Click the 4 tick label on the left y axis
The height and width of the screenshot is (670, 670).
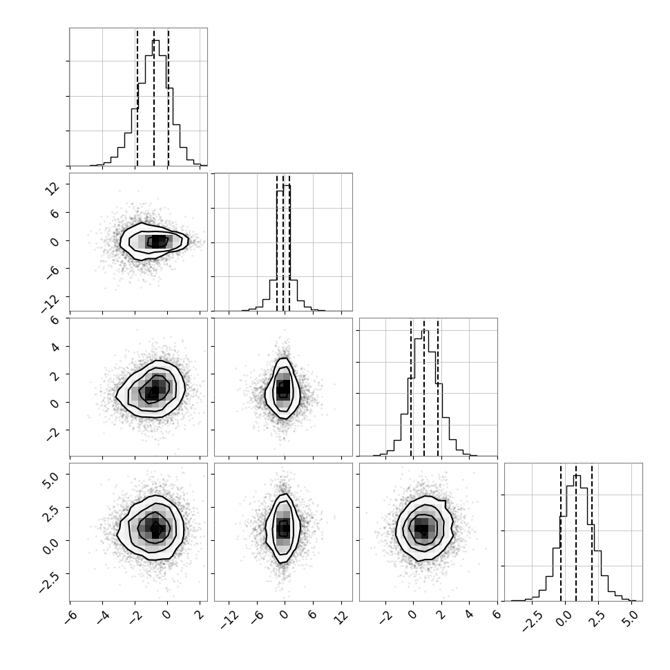click(x=55, y=346)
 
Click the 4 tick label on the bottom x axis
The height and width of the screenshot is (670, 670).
click(x=469, y=615)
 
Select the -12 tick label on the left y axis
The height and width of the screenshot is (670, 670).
click(x=50, y=303)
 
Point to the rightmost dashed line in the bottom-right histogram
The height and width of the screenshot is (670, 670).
click(x=592, y=533)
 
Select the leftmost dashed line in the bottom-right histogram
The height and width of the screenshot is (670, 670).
click(x=561, y=533)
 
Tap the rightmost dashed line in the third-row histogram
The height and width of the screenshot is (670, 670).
click(x=438, y=387)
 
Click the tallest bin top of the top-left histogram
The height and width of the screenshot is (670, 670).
click(x=155, y=41)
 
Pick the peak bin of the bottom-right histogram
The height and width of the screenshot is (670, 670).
click(x=577, y=476)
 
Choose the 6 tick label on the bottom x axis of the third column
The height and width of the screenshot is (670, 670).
click(x=497, y=615)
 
